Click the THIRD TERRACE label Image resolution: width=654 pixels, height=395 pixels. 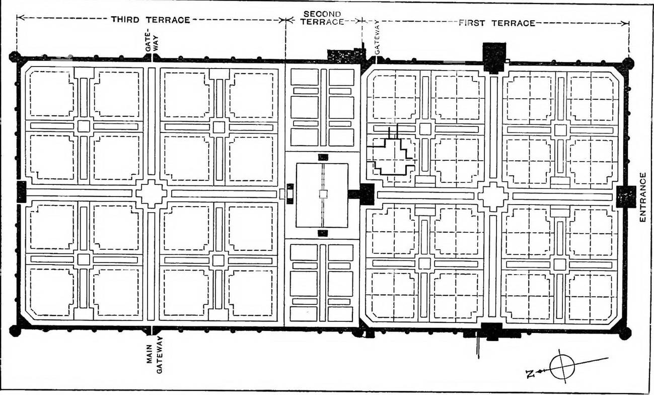tap(151, 20)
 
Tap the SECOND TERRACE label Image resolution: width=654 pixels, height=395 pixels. tap(323, 18)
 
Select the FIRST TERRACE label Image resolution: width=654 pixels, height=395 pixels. tap(496, 23)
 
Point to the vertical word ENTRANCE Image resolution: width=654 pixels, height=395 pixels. tap(642, 197)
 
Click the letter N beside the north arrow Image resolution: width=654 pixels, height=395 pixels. tap(529, 373)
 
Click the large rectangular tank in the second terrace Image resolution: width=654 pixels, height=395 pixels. tap(322, 194)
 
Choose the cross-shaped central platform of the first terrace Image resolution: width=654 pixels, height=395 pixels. tap(493, 196)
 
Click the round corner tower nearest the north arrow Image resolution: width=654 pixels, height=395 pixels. tap(624, 333)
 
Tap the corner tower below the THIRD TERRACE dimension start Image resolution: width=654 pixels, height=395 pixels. tap(15, 56)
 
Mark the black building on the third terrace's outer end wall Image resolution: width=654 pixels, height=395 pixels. tap(21, 191)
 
